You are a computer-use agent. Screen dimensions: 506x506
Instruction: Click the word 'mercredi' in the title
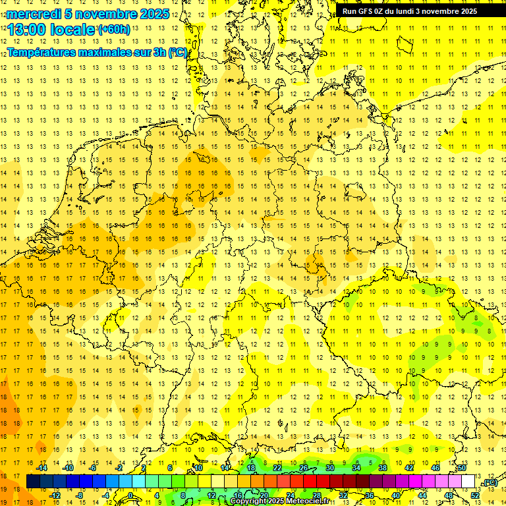(34, 14)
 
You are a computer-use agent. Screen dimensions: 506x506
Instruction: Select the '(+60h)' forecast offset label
(114, 30)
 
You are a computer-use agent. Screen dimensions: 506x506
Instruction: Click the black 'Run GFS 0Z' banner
(410, 11)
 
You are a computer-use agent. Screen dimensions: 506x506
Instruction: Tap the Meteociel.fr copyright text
(279, 501)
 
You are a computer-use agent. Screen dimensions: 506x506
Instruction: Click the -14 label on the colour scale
(42, 468)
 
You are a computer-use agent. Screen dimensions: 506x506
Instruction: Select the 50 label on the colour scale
(462, 468)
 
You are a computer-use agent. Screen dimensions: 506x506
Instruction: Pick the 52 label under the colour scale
(475, 495)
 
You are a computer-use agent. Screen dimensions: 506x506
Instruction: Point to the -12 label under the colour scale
(55, 495)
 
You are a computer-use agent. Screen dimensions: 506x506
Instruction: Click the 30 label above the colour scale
(330, 468)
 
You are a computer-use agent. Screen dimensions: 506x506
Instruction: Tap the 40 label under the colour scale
(396, 495)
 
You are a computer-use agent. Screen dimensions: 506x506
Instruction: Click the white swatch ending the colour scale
(468, 482)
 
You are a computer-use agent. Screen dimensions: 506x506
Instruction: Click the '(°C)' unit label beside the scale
(489, 483)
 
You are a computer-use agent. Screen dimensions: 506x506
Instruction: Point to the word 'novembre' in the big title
(105, 14)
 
